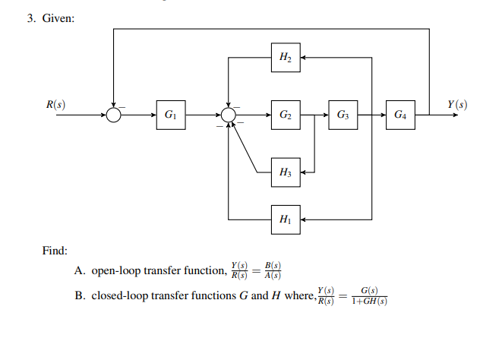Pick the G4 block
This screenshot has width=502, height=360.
coord(400,115)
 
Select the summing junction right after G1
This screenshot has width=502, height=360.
coord(228,115)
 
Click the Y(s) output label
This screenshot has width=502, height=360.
coord(457,104)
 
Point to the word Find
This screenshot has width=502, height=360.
coord(54,250)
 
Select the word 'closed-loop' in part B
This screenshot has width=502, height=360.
coord(116,295)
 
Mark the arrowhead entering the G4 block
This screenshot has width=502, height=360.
coord(381,115)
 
